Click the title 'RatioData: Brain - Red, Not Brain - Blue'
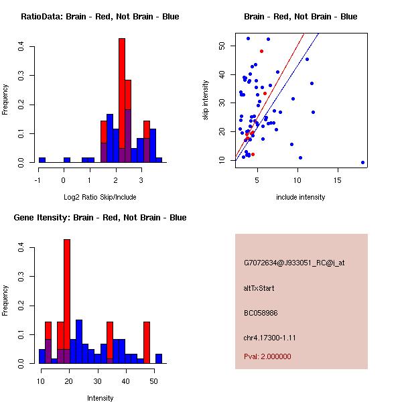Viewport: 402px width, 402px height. click(x=100, y=17)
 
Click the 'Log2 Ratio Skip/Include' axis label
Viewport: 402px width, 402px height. click(x=100, y=197)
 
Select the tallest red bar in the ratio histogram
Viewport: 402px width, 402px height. click(x=122, y=100)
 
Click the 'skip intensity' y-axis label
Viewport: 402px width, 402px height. click(x=206, y=100)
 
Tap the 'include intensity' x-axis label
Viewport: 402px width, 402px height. click(x=301, y=197)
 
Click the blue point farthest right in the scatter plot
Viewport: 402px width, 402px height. click(x=362, y=162)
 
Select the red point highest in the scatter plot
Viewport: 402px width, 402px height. click(x=261, y=51)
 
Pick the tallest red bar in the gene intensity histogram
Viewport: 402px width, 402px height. click(x=67, y=301)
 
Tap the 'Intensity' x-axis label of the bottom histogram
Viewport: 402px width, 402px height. click(x=100, y=398)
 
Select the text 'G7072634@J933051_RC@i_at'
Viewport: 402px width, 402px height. click(x=294, y=263)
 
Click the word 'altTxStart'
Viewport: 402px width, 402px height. click(x=259, y=288)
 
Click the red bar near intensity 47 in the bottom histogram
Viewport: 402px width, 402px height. click(x=147, y=342)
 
